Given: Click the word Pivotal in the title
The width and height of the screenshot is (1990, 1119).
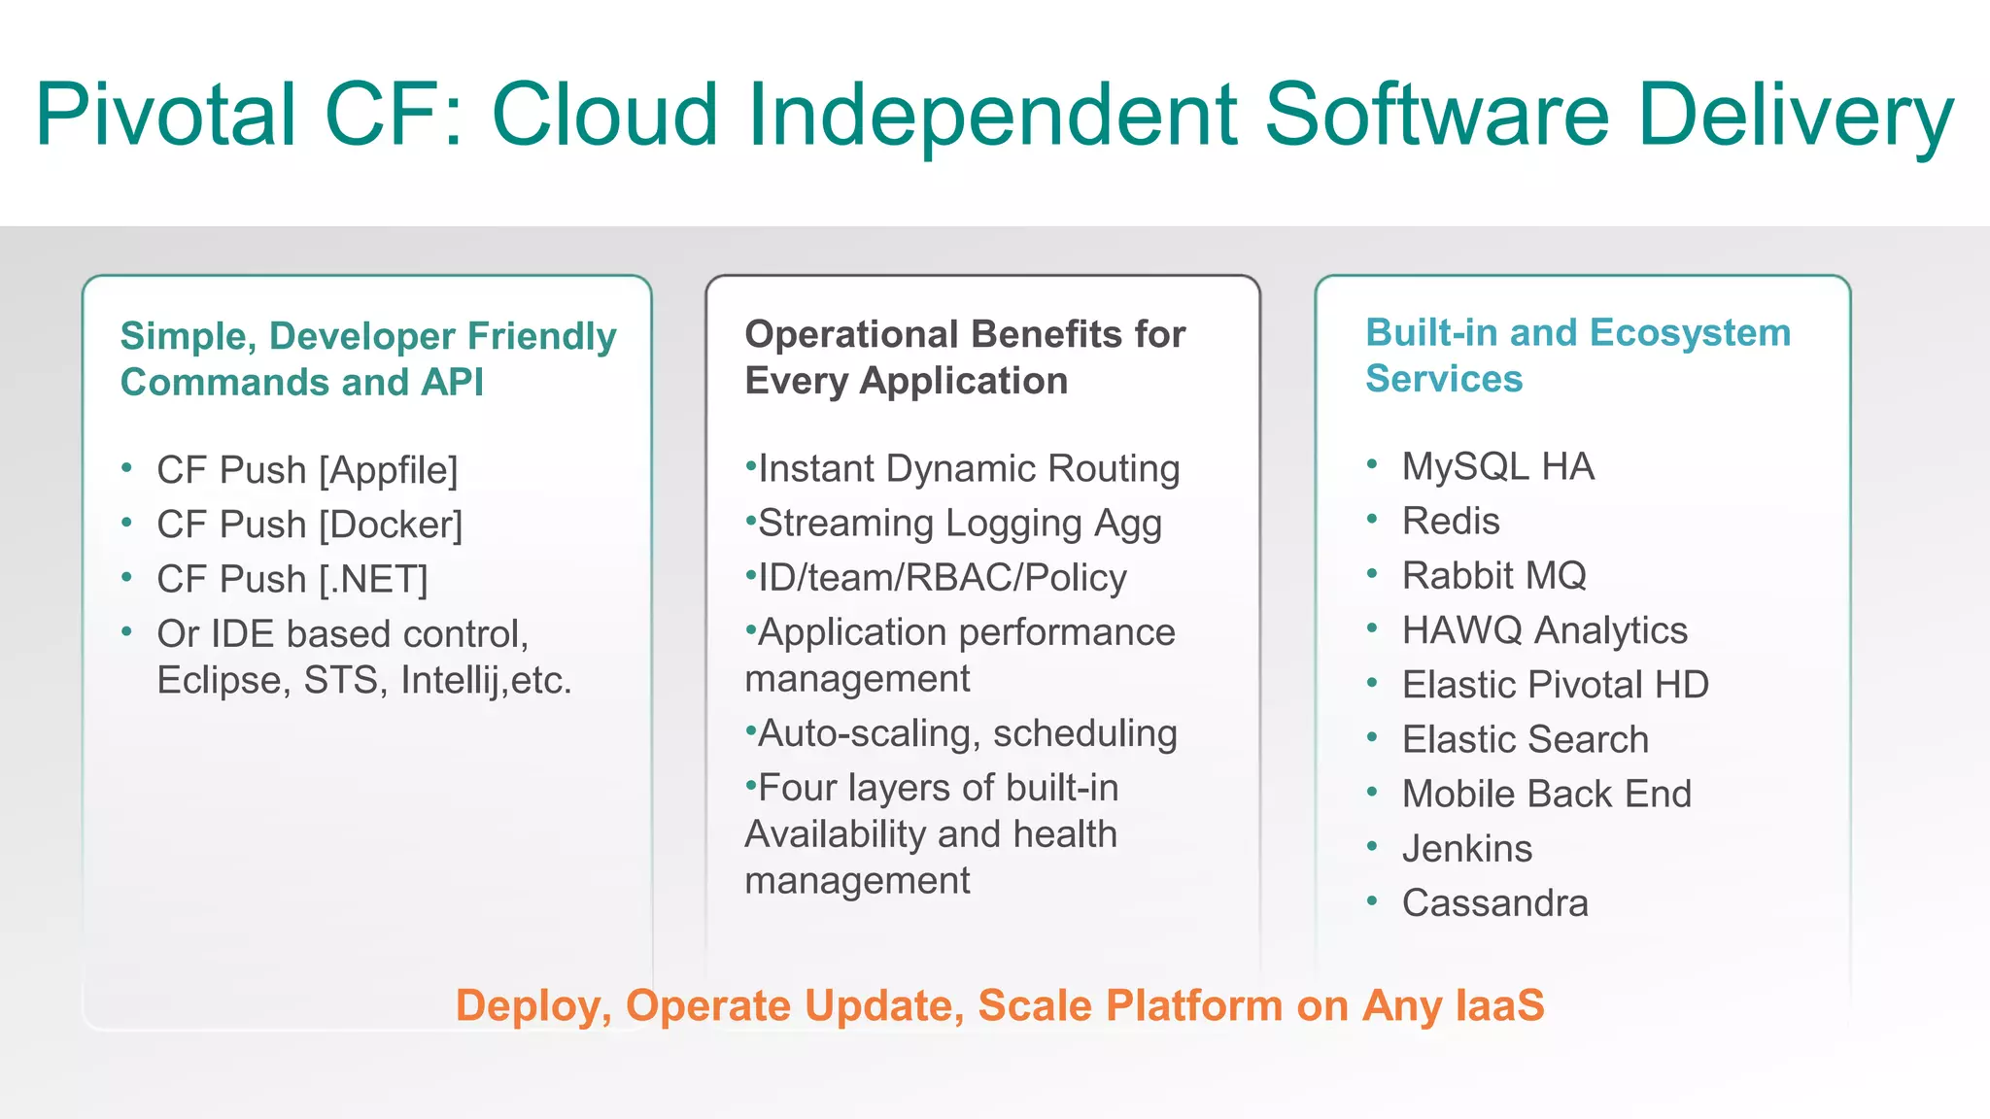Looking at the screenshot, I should point(165,115).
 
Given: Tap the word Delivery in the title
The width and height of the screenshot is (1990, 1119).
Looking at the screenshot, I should point(1796,115).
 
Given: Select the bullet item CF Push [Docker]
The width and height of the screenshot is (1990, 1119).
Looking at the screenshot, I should point(309,525).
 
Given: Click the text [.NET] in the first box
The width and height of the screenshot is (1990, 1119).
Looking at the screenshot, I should point(374,579).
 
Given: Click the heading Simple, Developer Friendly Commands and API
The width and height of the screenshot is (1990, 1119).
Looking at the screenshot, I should point(367,358).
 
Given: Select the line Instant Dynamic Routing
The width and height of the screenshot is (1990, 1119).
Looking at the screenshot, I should point(968,468).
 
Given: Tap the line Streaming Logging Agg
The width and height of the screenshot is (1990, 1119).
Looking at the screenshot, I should point(958,523).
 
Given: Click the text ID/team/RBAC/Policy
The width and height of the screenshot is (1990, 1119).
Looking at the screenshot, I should point(942,577).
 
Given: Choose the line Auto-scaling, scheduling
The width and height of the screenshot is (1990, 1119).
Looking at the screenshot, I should point(967,732).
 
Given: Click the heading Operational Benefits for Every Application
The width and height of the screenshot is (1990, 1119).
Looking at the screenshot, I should point(964,356).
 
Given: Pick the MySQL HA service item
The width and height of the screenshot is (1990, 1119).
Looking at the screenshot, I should point(1497,466).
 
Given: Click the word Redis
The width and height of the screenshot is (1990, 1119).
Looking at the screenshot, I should point(1451,521).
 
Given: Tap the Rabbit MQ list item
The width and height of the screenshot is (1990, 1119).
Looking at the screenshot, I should point(1493,575).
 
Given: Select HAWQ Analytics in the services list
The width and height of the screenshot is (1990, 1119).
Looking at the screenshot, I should point(1544,629).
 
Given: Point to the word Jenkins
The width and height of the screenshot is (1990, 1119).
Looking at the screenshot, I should point(1466,848).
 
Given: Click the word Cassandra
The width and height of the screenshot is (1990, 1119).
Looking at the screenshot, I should point(1494,902).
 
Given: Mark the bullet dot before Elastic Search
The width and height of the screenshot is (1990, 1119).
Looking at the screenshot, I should point(1372,737).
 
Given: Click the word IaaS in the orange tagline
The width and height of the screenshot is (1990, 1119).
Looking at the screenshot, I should point(1499,1005).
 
